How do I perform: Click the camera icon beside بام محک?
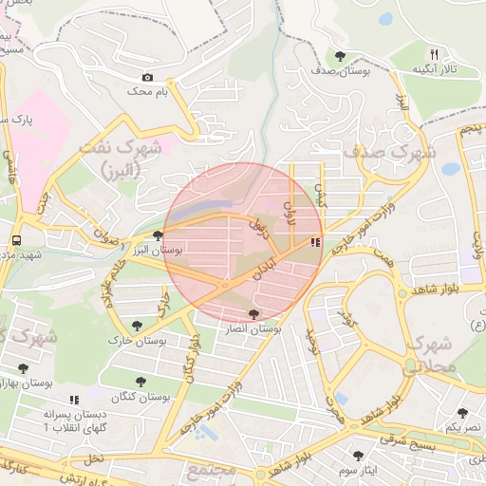147,78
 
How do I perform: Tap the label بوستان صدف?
339,70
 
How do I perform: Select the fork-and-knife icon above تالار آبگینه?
434,54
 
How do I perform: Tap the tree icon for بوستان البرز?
158,234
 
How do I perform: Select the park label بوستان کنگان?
139,398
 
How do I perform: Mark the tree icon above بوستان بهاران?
23,367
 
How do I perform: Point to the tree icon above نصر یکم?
462,413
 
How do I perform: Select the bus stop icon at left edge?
17,239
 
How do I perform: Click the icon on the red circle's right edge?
315,243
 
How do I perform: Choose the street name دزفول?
259,228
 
